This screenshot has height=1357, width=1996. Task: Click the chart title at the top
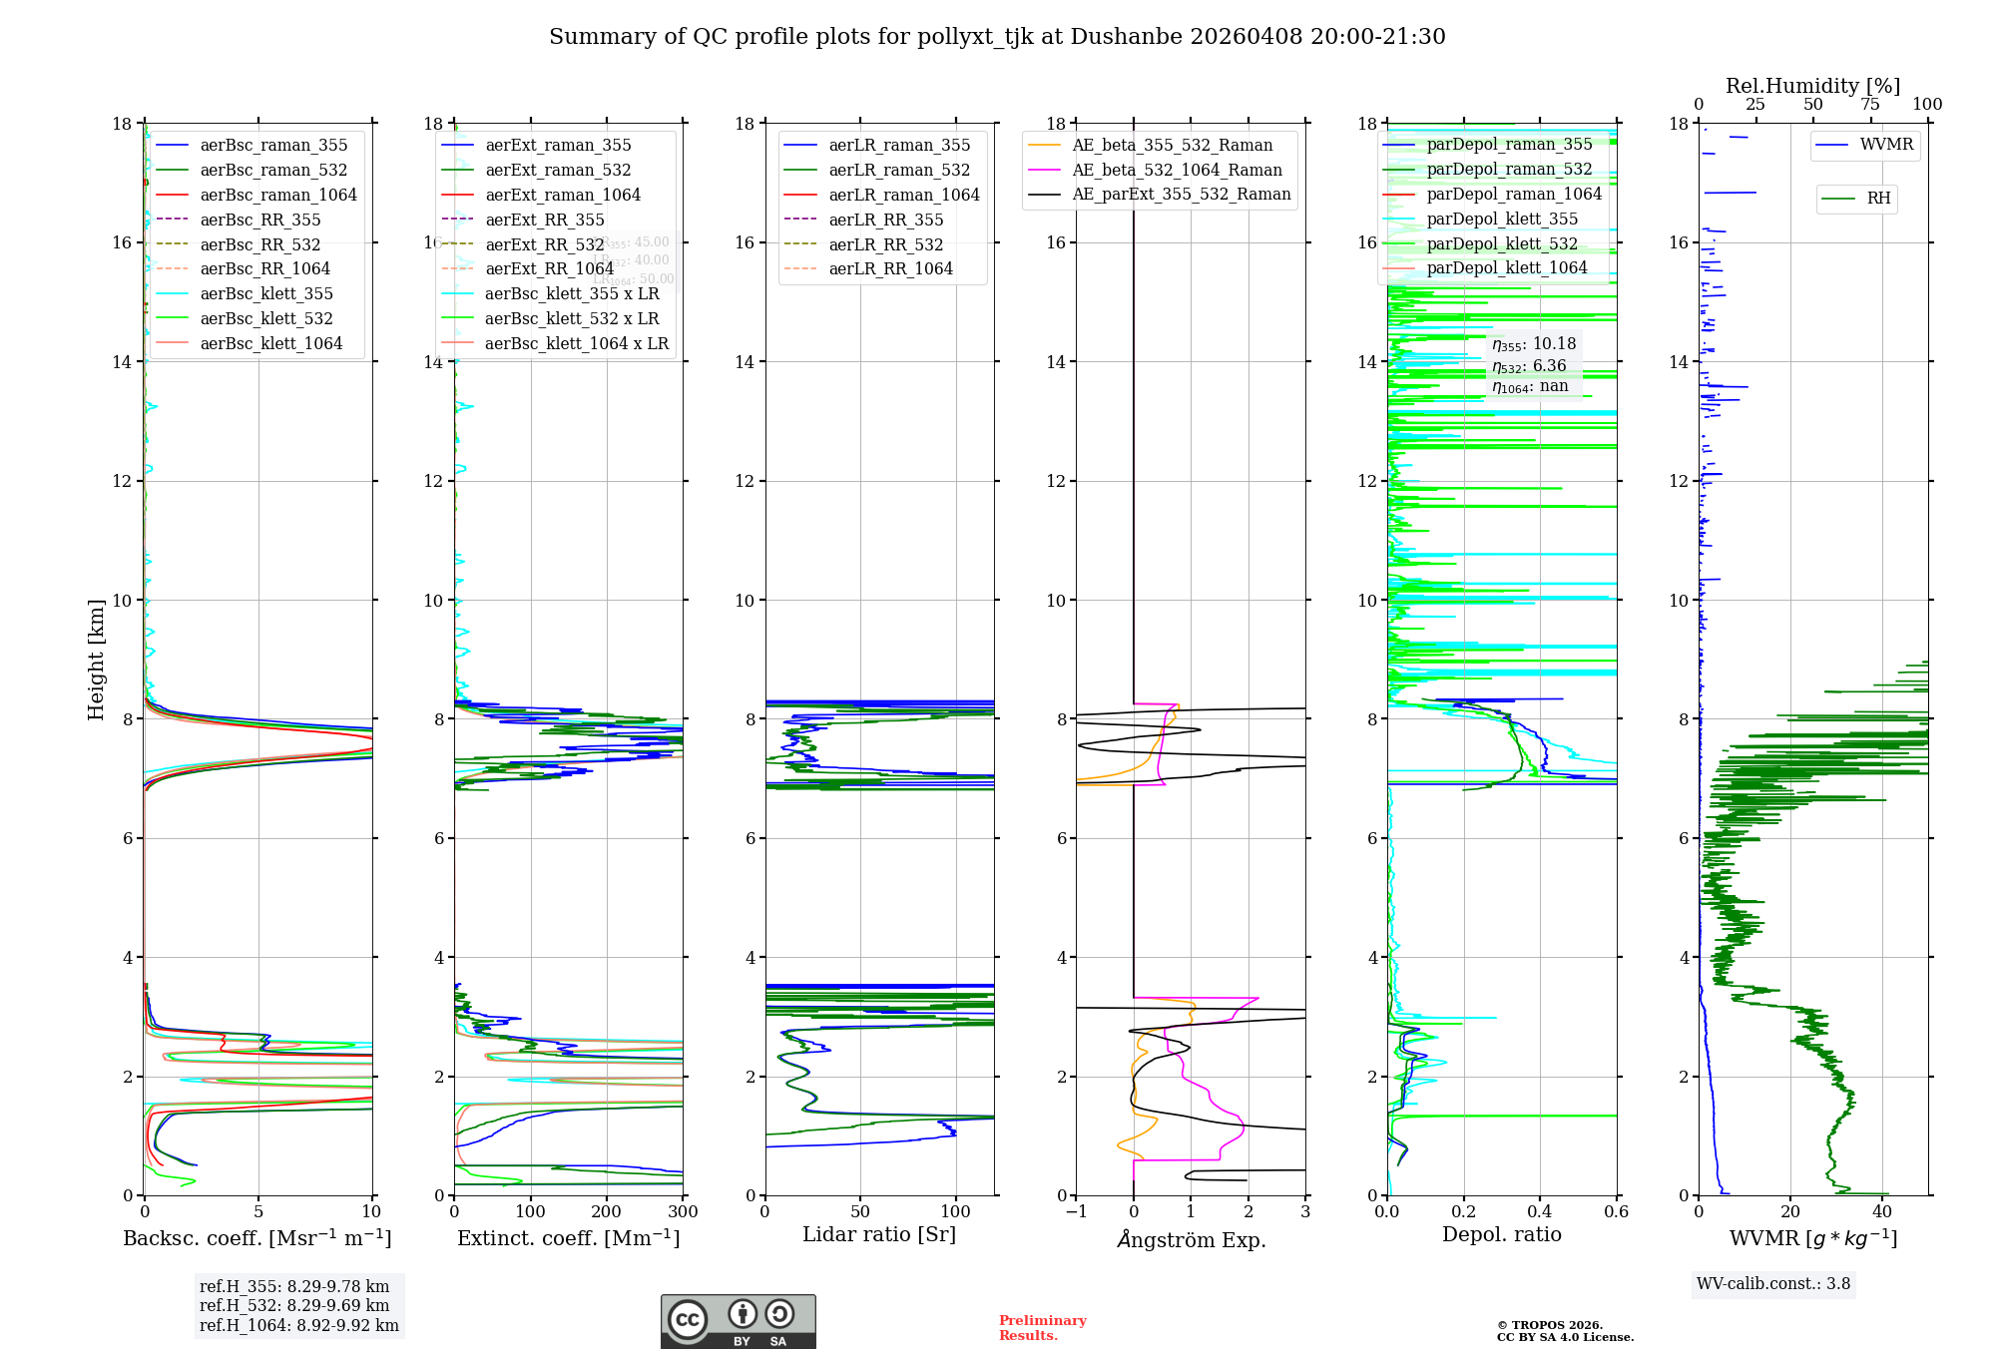click(997, 37)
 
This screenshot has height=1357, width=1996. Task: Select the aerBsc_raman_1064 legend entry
click(277, 195)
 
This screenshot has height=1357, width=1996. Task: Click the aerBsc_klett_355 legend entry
click(265, 293)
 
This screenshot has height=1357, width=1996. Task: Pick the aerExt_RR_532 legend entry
click(544, 244)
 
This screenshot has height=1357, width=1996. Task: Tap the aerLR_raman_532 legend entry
click(898, 170)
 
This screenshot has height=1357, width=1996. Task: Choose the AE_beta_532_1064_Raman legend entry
click(1176, 170)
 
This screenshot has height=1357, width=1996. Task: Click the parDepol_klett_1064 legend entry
click(1506, 267)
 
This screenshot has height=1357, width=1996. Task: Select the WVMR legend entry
click(1885, 145)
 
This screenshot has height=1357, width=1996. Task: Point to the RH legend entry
click(1877, 199)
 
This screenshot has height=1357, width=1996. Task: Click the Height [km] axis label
click(96, 659)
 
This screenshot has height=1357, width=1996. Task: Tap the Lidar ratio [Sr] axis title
click(878, 1234)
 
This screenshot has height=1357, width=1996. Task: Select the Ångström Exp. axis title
click(1191, 1239)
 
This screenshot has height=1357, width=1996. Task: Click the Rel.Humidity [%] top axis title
click(1812, 86)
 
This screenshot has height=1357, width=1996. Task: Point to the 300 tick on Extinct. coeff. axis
click(683, 1211)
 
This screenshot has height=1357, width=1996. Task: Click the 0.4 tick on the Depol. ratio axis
click(1540, 1211)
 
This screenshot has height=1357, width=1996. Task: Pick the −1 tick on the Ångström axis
click(1076, 1211)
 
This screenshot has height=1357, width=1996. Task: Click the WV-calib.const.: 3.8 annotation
click(1772, 1284)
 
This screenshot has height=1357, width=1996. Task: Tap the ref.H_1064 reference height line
click(298, 1325)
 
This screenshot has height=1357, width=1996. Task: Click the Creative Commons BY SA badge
click(738, 1321)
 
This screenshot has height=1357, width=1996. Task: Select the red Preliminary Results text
click(1042, 1327)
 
